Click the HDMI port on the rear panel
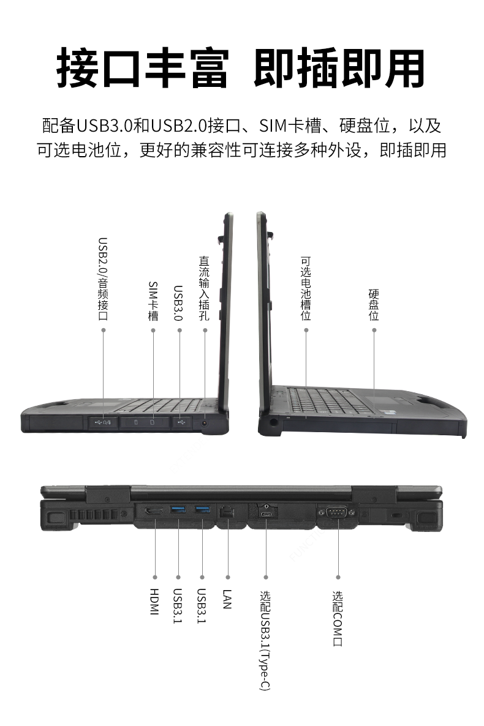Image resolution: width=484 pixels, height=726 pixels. point(154,512)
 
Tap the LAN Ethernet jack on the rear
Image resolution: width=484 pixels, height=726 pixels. point(227,512)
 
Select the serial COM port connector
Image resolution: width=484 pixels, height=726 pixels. point(337,512)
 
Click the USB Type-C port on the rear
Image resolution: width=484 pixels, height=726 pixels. point(267,514)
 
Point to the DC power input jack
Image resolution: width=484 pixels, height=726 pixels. point(205,423)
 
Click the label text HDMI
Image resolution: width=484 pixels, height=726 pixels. point(154,602)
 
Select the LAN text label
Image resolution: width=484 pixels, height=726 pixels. point(227,599)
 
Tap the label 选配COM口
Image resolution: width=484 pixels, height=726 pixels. point(338,618)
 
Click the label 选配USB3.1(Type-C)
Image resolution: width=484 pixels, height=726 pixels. point(265,640)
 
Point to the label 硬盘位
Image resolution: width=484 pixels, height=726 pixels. point(374,305)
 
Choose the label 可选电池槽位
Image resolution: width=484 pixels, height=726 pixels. point(306,288)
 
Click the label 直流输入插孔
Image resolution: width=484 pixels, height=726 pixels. point(205,288)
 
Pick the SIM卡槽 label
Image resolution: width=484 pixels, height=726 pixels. point(153,301)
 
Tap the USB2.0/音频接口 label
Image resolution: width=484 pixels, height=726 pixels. point(103,279)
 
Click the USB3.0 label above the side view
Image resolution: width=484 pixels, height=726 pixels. point(178,303)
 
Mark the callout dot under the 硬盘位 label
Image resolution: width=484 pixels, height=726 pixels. point(374,330)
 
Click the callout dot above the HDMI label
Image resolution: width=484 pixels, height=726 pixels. point(155,577)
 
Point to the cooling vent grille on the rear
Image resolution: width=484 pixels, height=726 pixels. point(95,515)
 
